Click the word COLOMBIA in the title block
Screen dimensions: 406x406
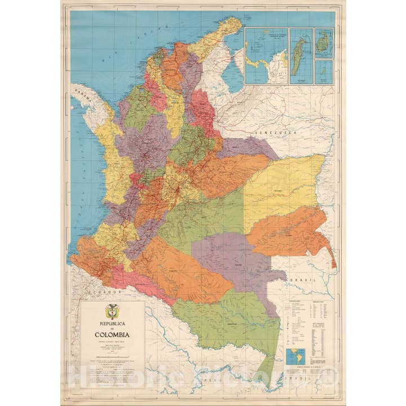click(112, 334)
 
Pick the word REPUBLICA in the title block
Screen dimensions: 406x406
click(112, 324)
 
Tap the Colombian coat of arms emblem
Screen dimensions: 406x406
click(112, 311)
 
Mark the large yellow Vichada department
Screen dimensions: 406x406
click(282, 186)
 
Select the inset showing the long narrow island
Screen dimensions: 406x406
click(301, 56)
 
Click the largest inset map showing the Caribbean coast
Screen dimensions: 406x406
click(266, 56)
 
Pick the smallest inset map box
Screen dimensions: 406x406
click(324, 72)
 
